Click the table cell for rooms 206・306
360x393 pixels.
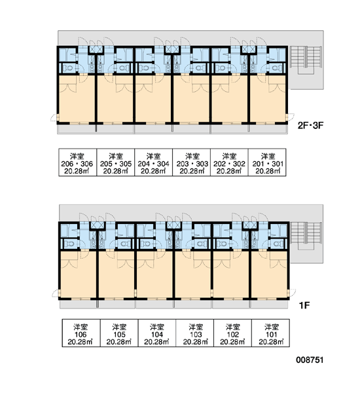tap(78, 162)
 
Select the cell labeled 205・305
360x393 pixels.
tap(116, 162)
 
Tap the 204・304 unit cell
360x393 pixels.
tap(154, 162)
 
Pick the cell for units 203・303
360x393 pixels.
tap(192, 162)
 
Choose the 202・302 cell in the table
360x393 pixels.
tap(230, 162)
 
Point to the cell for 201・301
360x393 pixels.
tap(267, 162)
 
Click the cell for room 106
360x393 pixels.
tap(81, 333)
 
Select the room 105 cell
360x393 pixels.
tap(119, 333)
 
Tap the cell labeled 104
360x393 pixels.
tap(157, 333)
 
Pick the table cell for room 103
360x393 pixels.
tap(195, 333)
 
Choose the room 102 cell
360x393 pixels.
tap(233, 333)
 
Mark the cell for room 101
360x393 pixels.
tap(271, 333)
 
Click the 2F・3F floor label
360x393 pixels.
tap(310, 125)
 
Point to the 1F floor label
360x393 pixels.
tap(304, 305)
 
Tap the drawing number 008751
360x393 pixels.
tap(310, 360)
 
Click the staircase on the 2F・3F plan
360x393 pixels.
tap(306, 60)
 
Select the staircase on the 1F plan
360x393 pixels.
tap(306, 236)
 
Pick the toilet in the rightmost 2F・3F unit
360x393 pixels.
tap(276, 68)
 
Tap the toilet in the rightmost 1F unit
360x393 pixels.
tap(278, 244)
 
